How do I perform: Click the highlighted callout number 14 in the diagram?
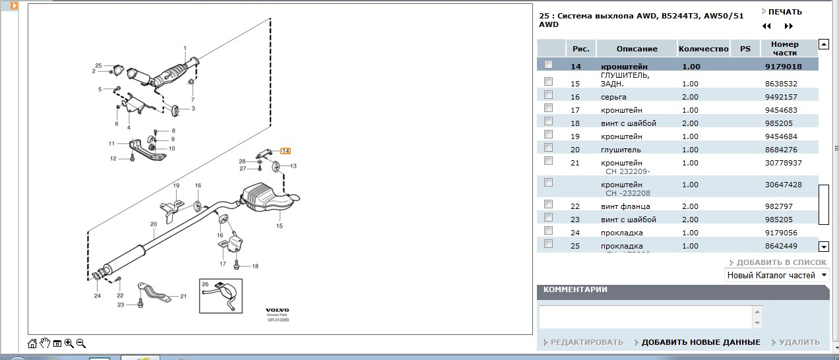[x=286, y=151]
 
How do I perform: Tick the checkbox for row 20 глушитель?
[x=548, y=148]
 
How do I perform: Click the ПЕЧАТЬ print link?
[x=785, y=12]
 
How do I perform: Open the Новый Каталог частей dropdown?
[x=776, y=276]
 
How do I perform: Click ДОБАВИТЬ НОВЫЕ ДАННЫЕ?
[x=700, y=342]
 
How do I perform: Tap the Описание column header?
[x=637, y=49]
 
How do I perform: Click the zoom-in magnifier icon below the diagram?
[x=69, y=343]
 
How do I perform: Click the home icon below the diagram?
[x=32, y=343]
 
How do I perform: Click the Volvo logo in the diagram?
[x=277, y=311]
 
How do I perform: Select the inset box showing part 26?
[x=221, y=296]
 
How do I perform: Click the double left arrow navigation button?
[x=766, y=26]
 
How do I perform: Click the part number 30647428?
[x=783, y=185]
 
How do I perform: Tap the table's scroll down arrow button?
[x=824, y=247]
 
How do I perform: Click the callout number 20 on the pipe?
[x=154, y=224]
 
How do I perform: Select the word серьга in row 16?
[x=613, y=97]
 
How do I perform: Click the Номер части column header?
[x=785, y=49]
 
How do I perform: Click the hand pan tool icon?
[x=45, y=343]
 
